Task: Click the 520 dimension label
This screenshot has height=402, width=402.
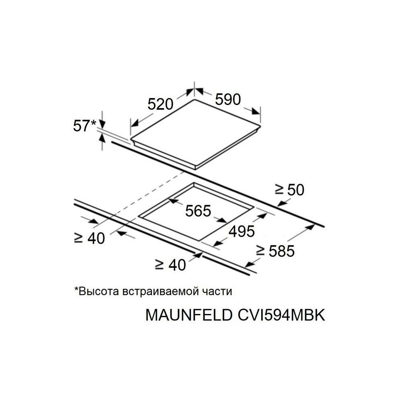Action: (160, 104)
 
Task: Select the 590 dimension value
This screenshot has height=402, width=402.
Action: (228, 99)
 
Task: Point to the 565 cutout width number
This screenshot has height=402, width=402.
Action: (198, 210)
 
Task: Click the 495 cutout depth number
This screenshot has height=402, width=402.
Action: (241, 231)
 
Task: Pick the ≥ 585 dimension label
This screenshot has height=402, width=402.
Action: (276, 251)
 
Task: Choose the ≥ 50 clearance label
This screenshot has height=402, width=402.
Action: (289, 189)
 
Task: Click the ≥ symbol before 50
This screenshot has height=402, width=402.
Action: (280, 190)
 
